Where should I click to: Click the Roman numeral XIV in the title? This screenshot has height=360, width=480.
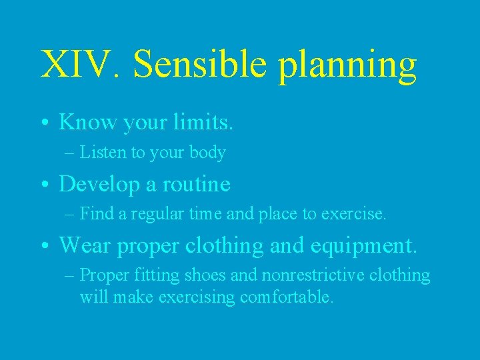[x=78, y=65]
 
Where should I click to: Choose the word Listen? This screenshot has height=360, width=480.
[x=103, y=153]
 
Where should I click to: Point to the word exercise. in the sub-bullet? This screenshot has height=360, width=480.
[x=353, y=215]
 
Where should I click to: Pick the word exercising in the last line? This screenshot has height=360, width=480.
[x=197, y=297]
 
